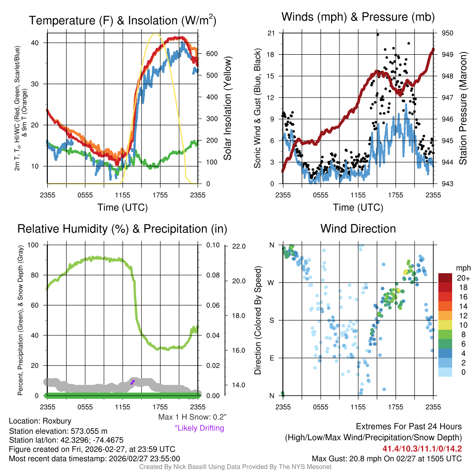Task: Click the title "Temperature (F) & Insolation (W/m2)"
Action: [123, 21]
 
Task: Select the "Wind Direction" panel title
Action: [358, 229]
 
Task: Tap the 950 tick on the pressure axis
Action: [448, 33]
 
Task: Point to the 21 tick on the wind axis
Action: [271, 33]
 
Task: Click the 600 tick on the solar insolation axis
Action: [211, 54]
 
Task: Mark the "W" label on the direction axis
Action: [272, 282]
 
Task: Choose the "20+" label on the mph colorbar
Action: [462, 278]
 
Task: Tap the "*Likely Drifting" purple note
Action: [199, 428]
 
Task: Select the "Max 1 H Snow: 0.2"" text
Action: [192, 417]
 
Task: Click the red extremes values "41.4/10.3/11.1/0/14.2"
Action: [422, 448]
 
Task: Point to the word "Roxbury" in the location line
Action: [57, 421]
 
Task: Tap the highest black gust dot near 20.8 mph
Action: [378, 34]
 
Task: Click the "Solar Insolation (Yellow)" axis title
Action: [227, 108]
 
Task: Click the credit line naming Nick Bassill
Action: [235, 467]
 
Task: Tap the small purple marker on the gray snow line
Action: [132, 382]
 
